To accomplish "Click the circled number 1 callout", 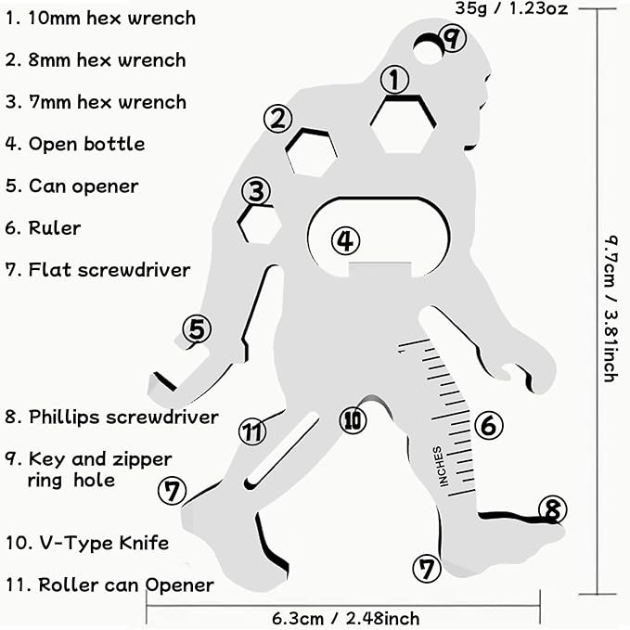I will pos(395,80).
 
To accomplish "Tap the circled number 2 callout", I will pos(277,118).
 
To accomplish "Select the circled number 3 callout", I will pos(256,192).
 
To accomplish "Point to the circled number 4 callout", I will pos(345,240).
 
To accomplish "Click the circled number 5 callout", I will pos(197,328).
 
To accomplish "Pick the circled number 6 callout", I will pos(488,426).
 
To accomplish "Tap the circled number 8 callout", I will pos(552,509).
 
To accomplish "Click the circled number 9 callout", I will pos(452,39).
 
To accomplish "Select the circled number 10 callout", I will pos(353,420).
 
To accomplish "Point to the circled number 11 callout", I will pos(251,431).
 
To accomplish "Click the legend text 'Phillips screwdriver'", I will pos(111,417).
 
